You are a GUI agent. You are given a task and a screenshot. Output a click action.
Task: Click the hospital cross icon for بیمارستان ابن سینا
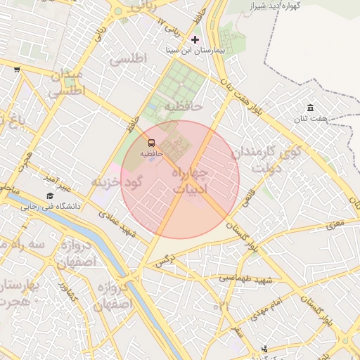click(195, 39)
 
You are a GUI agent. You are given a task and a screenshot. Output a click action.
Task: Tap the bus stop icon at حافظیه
click(152, 141)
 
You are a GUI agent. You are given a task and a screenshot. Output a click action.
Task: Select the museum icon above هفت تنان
click(310, 108)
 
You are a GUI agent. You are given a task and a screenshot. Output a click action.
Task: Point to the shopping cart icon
click(16, 70)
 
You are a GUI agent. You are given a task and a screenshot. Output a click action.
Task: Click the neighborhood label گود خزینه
click(117, 181)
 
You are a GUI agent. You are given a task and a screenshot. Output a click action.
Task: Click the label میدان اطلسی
click(65, 83)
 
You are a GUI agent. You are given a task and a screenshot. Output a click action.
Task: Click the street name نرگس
click(163, 262)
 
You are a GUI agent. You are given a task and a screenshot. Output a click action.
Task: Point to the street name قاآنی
click(249, 200)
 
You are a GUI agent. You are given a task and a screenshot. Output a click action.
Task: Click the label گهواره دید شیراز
click(284, 6)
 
